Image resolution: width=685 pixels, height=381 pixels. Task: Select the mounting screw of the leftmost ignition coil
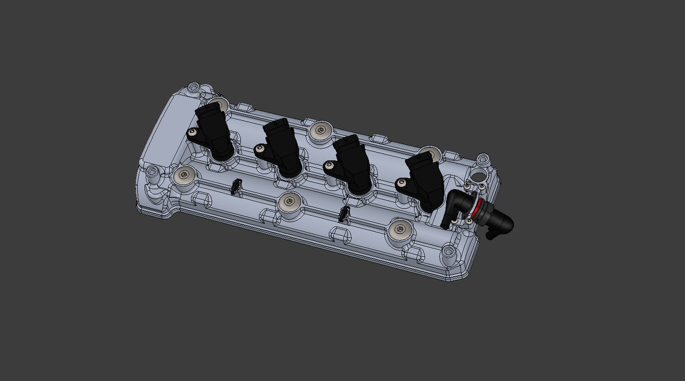click(192, 133)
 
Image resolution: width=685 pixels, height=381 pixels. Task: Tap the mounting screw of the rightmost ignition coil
click(401, 182)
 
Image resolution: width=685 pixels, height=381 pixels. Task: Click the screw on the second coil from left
click(260, 148)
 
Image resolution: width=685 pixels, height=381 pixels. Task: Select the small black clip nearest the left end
click(236, 187)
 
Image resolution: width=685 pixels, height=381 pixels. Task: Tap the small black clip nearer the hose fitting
click(345, 213)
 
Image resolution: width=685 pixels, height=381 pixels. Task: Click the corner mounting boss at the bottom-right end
click(448, 252)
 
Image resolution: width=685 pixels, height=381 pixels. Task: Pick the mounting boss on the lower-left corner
click(151, 172)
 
